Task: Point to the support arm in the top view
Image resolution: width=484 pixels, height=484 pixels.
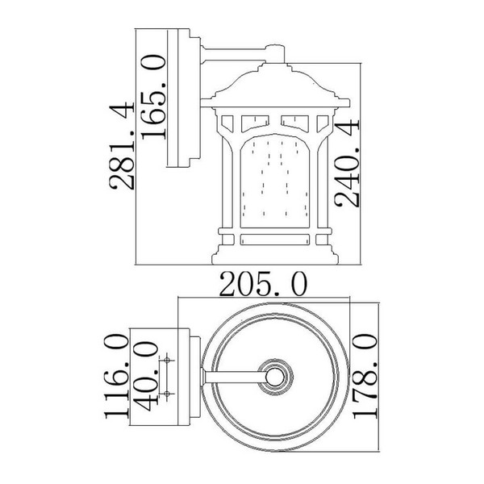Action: tap(234, 376)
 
